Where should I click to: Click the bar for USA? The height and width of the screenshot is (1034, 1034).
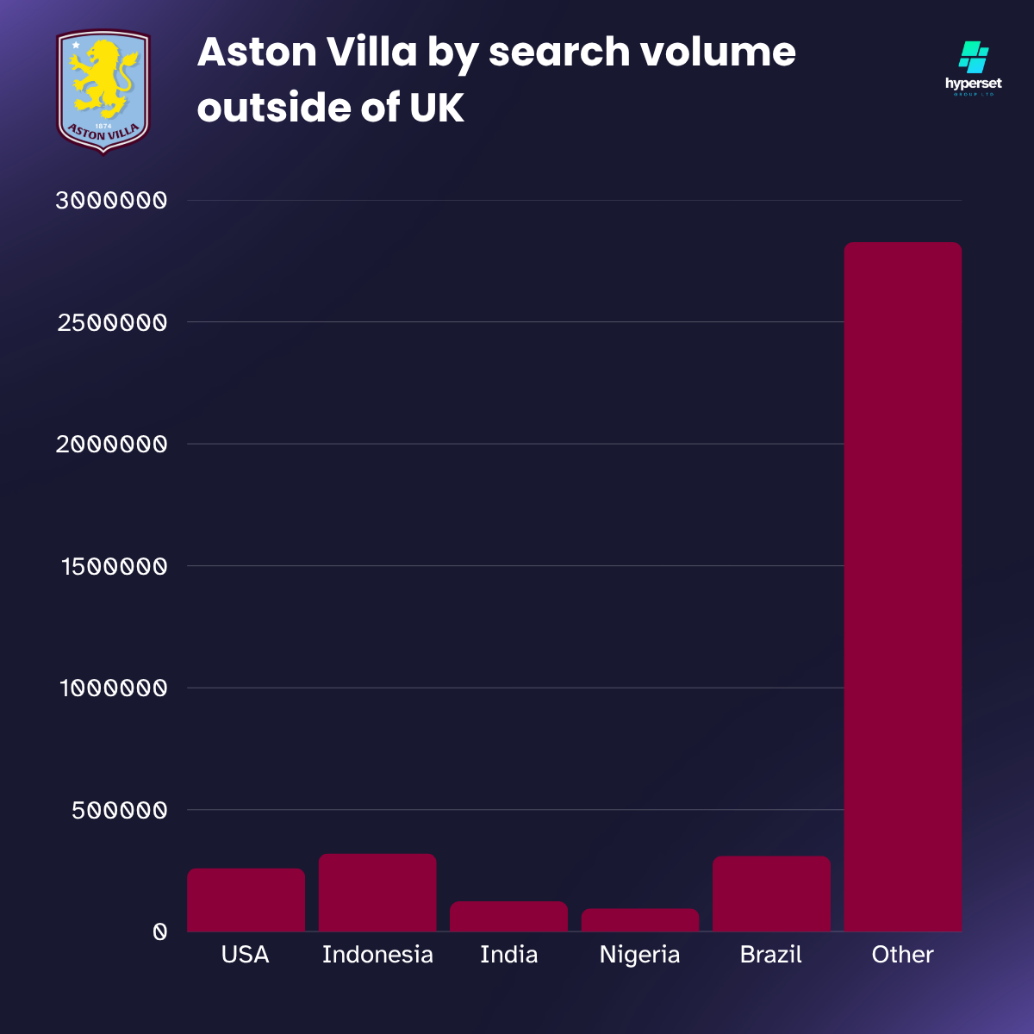(246, 900)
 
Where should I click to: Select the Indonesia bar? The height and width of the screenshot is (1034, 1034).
(377, 893)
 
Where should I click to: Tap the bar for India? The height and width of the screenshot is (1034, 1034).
(508, 916)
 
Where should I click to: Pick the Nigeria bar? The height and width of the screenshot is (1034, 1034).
(640, 919)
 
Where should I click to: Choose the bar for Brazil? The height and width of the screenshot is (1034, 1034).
(771, 894)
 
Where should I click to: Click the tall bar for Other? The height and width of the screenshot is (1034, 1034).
(902, 586)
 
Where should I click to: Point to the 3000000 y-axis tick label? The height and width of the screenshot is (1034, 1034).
(111, 201)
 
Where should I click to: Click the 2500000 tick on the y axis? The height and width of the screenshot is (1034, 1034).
(111, 323)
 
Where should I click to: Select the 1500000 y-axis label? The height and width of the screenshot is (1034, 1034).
(114, 567)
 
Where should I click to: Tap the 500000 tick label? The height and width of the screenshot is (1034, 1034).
(119, 811)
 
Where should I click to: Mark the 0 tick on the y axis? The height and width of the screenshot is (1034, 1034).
(159, 932)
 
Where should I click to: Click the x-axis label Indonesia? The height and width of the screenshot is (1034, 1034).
(377, 955)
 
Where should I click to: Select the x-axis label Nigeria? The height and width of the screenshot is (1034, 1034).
(640, 955)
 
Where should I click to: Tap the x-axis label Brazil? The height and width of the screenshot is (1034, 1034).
(771, 955)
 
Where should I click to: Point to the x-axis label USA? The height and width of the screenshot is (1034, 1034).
(246, 955)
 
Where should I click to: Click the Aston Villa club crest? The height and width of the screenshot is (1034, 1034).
(103, 91)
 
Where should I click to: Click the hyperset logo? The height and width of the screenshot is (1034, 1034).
(974, 68)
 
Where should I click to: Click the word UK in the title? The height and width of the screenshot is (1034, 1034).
(437, 108)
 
